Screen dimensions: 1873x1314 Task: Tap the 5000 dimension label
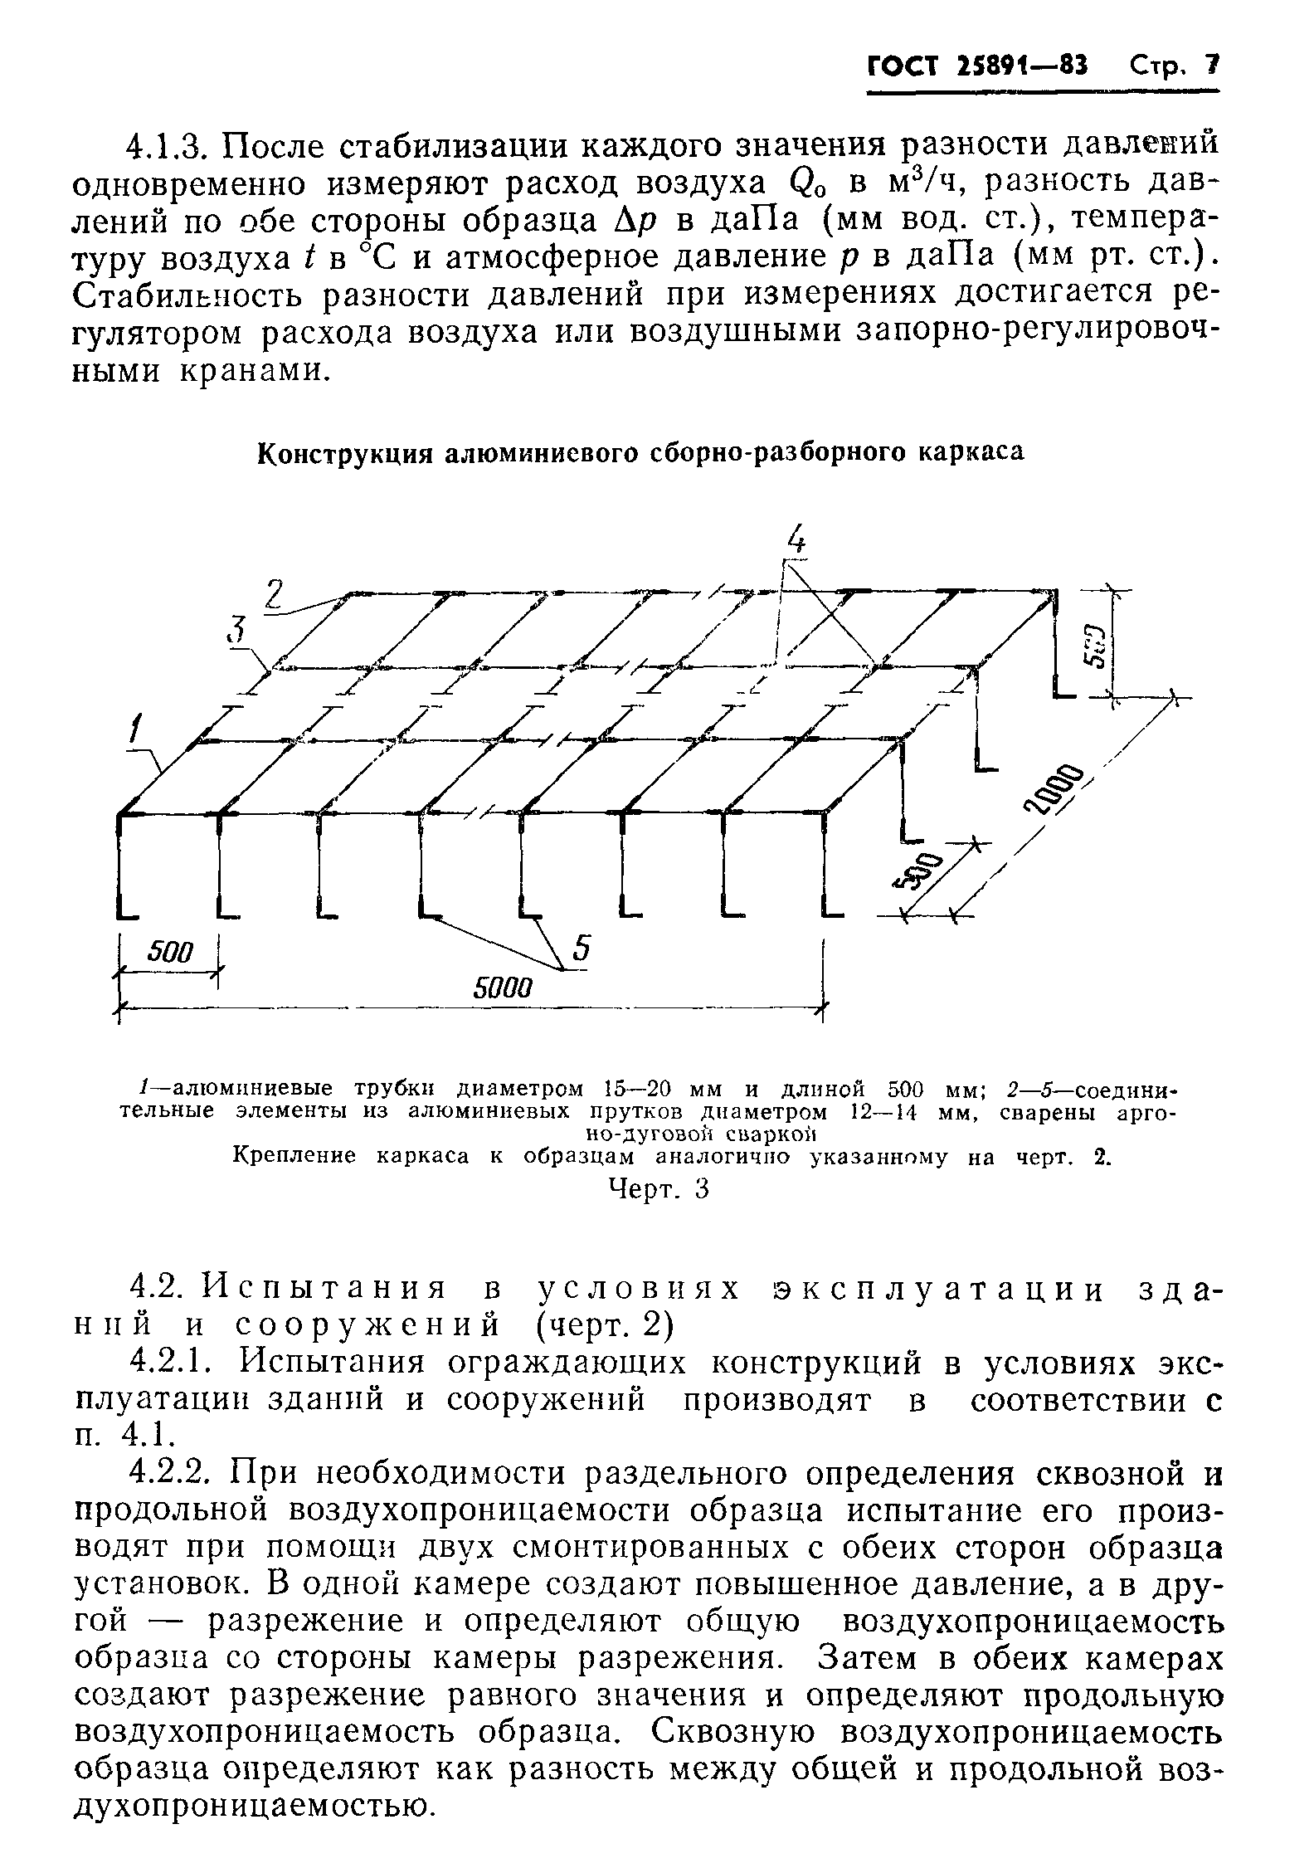tap(501, 988)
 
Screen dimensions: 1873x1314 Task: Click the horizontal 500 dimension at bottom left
tap(169, 951)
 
